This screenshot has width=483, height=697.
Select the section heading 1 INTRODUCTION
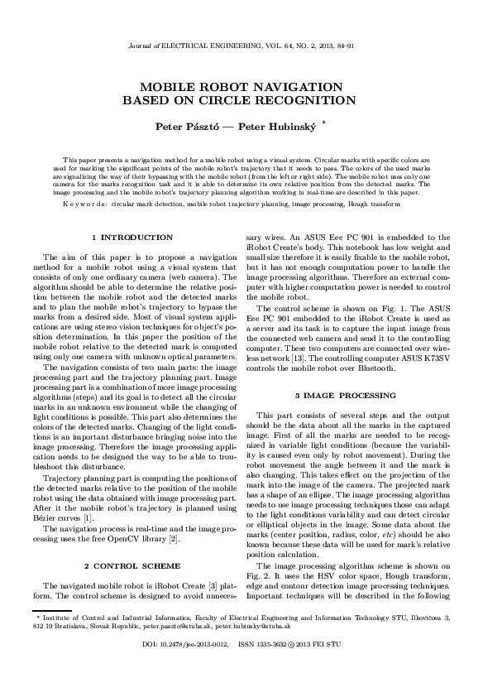132,238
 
